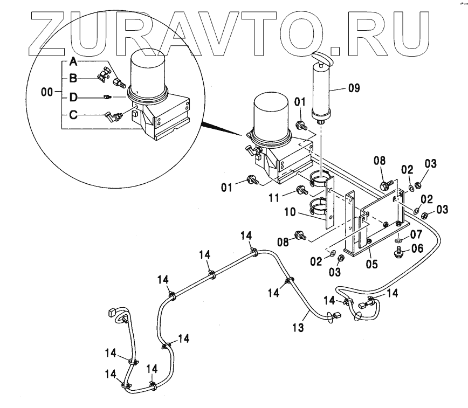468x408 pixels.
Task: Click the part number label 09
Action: pyautogui.click(x=354, y=87)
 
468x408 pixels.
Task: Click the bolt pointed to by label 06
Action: pyautogui.click(x=398, y=251)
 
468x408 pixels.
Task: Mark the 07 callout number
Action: pyautogui.click(x=416, y=234)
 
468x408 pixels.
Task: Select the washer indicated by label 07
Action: pyautogui.click(x=398, y=238)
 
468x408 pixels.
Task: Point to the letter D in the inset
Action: pyautogui.click(x=73, y=98)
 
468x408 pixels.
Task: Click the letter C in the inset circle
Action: pyautogui.click(x=73, y=115)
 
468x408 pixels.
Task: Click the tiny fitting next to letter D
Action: pyautogui.click(x=107, y=98)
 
